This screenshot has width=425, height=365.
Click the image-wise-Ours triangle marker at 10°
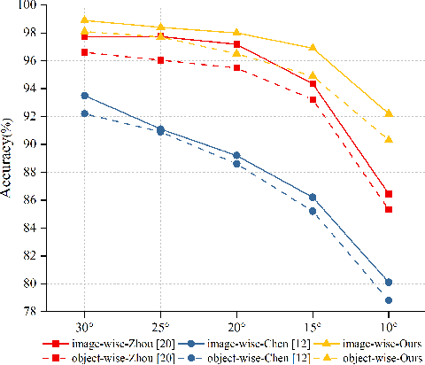point(389,113)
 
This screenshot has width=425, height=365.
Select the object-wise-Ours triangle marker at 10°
point(389,139)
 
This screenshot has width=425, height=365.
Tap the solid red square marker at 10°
point(389,193)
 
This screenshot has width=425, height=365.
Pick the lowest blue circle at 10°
point(389,300)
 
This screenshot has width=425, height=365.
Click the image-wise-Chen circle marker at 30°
point(84,96)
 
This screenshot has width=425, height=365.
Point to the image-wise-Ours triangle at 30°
point(84,19)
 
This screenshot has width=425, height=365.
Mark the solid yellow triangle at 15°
point(313,47)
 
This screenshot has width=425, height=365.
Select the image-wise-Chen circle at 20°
point(236,155)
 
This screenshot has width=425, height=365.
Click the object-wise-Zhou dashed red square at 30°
point(84,52)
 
